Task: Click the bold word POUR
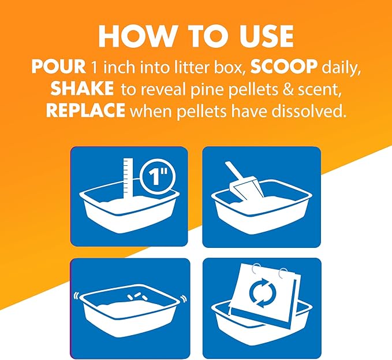pos(58,67)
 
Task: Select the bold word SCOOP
pos(284,67)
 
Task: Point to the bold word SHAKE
pos(82,88)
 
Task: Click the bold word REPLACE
pos(85,110)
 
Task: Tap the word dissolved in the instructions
pos(309,110)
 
